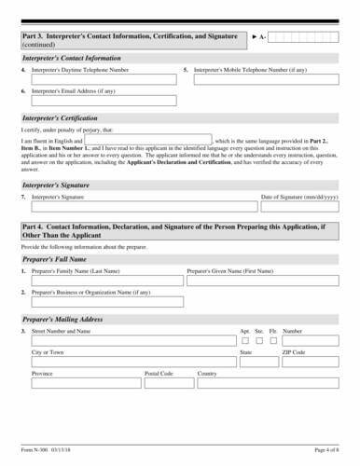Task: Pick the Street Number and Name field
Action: coord(131,340)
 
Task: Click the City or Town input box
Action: coord(131,363)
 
